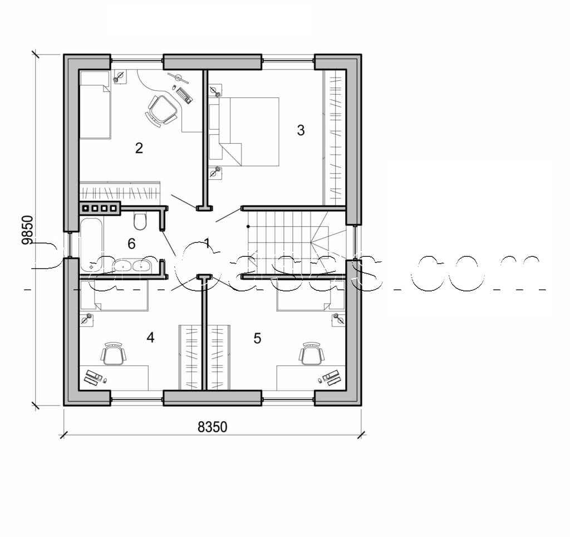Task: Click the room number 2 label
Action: click(139, 148)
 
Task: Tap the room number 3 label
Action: click(301, 130)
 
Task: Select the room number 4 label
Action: click(150, 338)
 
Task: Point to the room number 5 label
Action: click(257, 338)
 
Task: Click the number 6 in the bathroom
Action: click(131, 244)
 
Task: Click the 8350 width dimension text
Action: click(213, 427)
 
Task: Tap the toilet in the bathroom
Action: click(140, 221)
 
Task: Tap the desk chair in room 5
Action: click(311, 354)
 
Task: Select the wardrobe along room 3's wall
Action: click(335, 137)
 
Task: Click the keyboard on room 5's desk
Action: click(332, 377)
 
